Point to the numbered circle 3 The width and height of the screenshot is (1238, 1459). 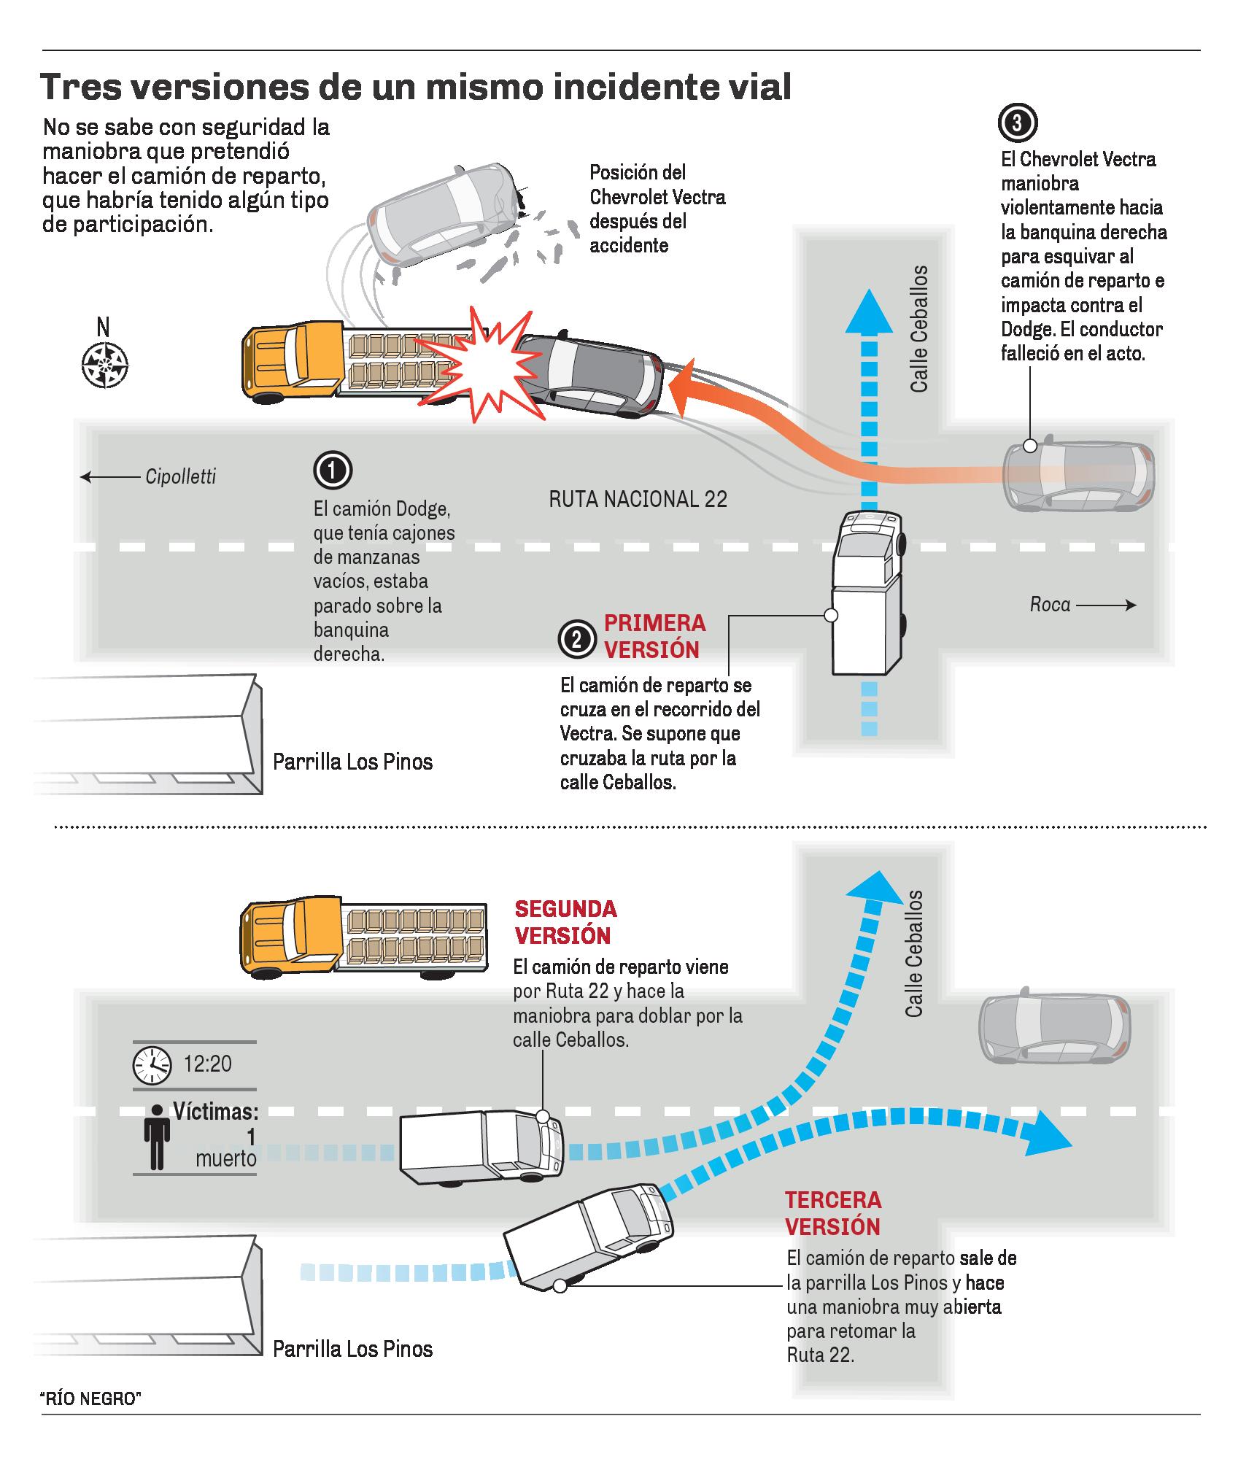[x=1017, y=124]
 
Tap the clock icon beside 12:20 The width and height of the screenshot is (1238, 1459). [x=152, y=1064]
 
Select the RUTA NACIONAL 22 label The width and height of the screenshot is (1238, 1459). [x=638, y=499]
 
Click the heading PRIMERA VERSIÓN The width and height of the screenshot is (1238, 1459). [x=654, y=636]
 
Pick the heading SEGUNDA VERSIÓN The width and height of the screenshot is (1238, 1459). [x=565, y=921]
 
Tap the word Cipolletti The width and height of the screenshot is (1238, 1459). [x=180, y=477]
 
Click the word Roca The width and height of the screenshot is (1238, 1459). [x=1050, y=604]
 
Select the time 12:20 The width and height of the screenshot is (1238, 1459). [x=207, y=1064]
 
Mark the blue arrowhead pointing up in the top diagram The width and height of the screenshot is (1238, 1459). [x=868, y=310]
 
